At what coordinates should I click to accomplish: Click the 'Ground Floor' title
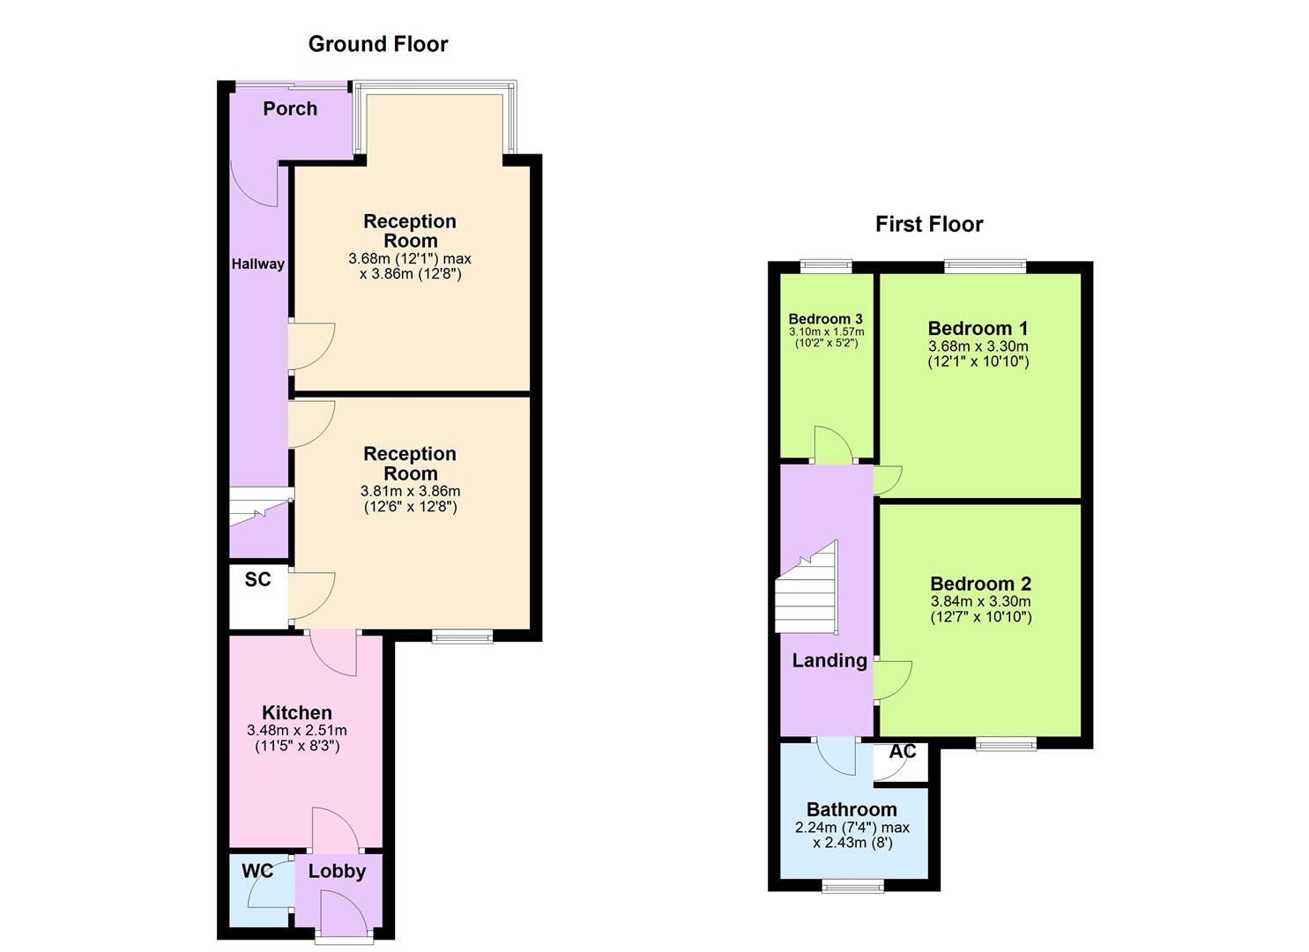tap(377, 44)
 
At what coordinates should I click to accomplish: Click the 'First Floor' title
tap(928, 224)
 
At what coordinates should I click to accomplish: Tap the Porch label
tap(290, 108)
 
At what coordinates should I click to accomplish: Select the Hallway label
tap(257, 264)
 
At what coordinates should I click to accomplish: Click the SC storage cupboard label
tap(257, 579)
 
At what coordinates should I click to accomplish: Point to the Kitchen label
tap(296, 712)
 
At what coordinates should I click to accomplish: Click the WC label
tap(257, 871)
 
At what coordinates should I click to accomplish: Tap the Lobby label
tap(337, 871)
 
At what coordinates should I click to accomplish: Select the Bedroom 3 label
tap(825, 319)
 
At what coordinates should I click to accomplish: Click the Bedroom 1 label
tap(978, 328)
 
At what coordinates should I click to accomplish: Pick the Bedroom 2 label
tap(980, 584)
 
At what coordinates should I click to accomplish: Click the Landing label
tap(829, 660)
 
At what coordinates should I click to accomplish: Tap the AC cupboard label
tap(903, 752)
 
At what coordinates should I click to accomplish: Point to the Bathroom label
tap(852, 809)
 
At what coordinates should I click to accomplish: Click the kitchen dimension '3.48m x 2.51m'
tap(296, 731)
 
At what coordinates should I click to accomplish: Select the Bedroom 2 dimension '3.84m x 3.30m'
tap(980, 601)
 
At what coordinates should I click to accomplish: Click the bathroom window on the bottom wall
tap(852, 885)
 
